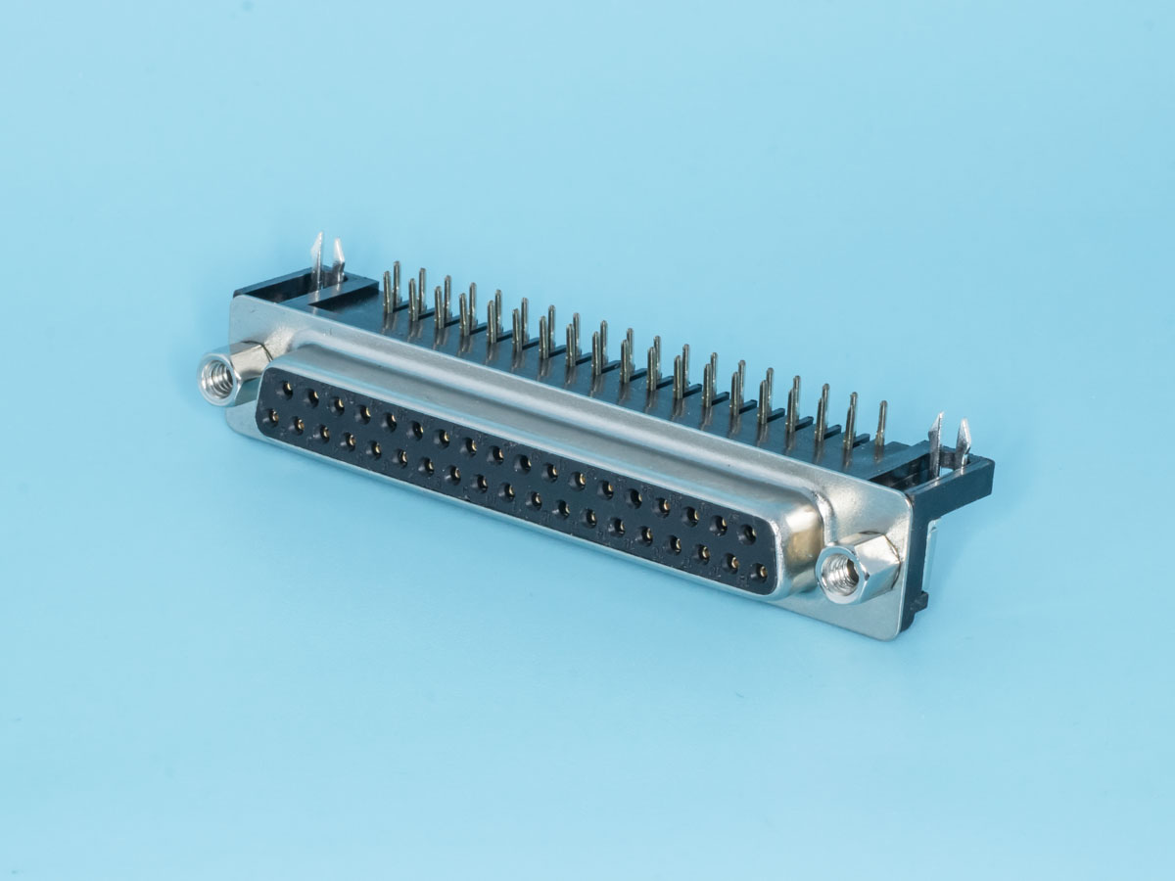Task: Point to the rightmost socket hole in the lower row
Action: point(758,571)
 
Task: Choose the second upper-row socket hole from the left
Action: point(311,397)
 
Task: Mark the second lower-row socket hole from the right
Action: point(730,562)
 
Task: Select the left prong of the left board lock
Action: point(317,256)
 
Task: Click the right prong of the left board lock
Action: point(339,260)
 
